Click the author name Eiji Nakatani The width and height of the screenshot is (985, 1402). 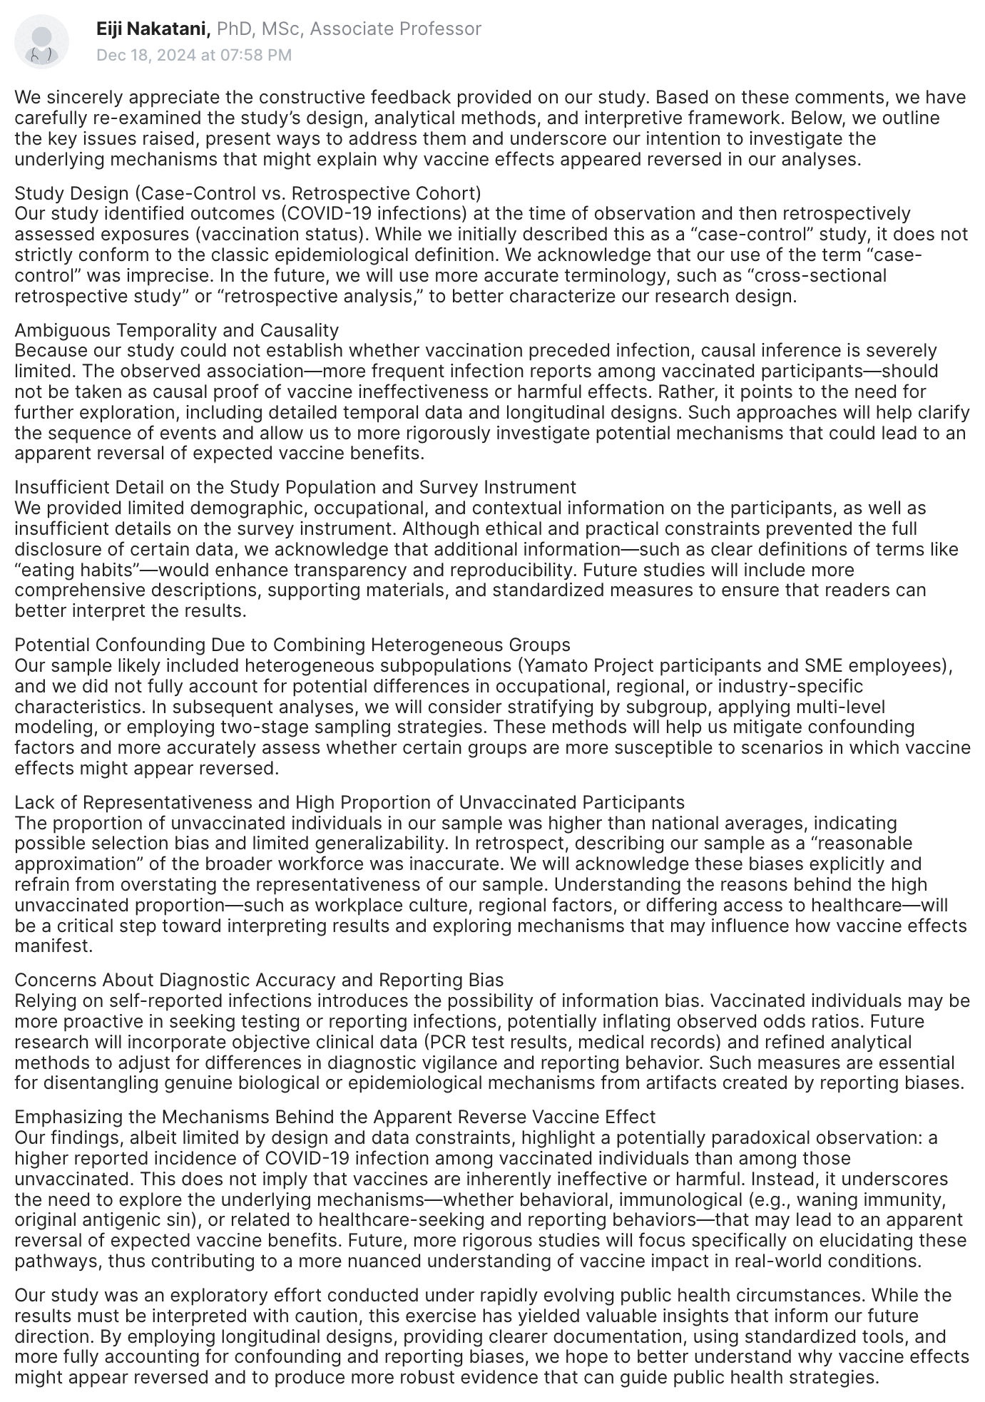153,29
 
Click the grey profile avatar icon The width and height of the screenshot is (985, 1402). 42,41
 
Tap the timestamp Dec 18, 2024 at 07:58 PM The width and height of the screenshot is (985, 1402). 194,55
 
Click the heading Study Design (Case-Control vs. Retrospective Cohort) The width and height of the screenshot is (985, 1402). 247,193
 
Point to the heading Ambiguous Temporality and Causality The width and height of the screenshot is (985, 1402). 176,330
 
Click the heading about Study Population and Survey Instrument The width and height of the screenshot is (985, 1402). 295,487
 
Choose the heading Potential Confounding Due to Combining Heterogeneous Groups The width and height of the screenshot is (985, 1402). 292,645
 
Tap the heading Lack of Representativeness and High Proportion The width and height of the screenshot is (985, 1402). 349,802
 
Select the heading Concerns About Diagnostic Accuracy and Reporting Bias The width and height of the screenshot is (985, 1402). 259,980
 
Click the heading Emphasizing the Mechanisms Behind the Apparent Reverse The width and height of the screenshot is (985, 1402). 335,1116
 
